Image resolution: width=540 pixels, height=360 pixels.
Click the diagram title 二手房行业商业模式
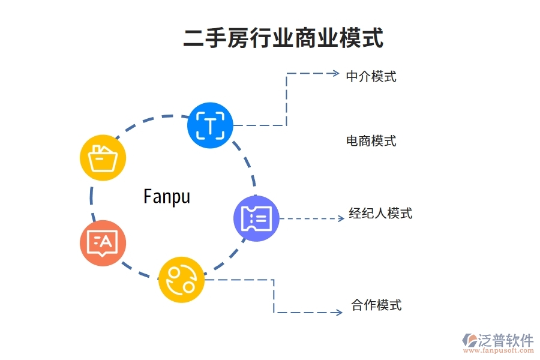click(283, 37)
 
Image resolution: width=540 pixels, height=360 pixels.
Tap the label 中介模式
click(371, 77)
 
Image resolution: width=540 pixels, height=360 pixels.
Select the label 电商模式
click(371, 142)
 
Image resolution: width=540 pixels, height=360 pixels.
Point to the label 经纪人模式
click(380, 214)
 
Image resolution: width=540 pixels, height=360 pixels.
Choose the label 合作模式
click(376, 305)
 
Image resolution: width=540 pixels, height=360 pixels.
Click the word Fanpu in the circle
click(167, 196)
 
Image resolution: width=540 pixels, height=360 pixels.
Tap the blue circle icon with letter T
click(210, 125)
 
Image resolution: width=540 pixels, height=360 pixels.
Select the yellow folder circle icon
click(103, 158)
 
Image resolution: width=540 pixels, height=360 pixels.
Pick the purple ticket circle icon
click(256, 218)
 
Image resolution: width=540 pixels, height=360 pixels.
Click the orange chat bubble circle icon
click(103, 243)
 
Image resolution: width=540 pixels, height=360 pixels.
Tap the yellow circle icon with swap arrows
click(181, 280)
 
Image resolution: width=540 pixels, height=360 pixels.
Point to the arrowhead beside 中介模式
click(335, 73)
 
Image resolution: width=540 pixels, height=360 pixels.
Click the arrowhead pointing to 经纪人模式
click(341, 218)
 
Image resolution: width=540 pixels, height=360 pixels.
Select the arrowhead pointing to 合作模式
click(339, 312)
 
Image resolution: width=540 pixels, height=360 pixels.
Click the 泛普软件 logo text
click(505, 340)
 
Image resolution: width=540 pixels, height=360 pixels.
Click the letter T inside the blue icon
click(210, 125)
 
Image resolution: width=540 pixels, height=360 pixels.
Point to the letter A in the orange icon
click(106, 242)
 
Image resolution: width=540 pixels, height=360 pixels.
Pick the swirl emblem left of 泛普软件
click(469, 342)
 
